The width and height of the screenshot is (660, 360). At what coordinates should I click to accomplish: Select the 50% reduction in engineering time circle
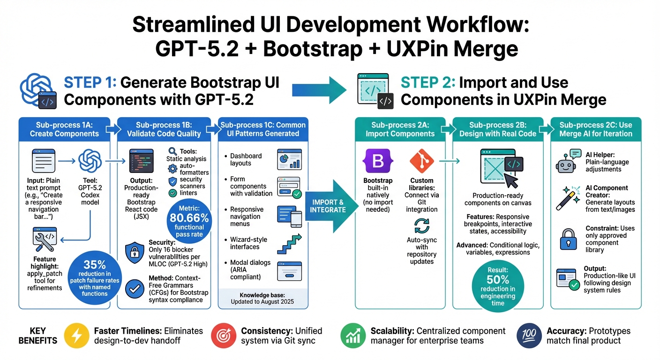498,286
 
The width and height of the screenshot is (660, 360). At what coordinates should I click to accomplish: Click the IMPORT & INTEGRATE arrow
328,206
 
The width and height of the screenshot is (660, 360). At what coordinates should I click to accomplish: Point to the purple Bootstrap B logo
377,161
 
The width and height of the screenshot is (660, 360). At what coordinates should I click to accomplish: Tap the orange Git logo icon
421,161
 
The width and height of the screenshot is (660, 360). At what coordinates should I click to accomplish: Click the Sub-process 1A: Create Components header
64,129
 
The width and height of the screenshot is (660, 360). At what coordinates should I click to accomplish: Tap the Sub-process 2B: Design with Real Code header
497,129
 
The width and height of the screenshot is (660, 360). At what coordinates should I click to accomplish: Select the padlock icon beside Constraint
568,239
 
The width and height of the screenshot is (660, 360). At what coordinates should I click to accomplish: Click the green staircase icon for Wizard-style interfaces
289,243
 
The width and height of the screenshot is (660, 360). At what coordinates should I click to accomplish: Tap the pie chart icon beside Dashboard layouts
289,159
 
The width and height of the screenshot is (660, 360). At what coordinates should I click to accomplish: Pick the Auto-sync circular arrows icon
421,226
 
